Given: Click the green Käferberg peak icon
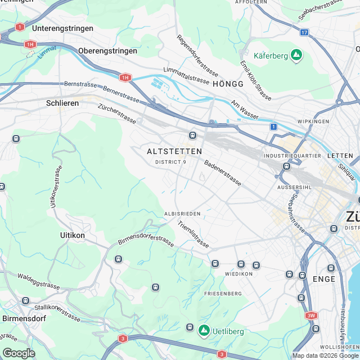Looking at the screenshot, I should click(296, 55).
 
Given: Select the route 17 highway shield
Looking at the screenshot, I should click(304, 33).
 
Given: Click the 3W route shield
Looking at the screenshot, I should click(312, 316).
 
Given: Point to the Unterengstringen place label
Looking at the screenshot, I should click(61, 28).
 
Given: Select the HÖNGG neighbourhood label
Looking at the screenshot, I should click(228, 84).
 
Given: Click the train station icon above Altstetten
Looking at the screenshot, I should click(192, 135).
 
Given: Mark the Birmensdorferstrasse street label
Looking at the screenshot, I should click(146, 241).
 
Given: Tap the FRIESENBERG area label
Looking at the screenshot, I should click(223, 294).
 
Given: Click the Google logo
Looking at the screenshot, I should click(19, 353).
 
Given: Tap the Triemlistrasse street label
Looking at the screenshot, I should click(193, 235).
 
